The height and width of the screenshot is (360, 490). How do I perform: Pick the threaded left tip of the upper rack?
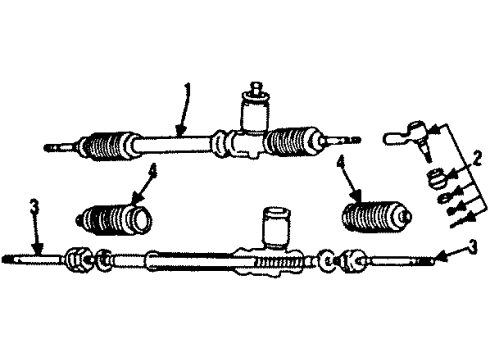[x=55, y=149]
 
